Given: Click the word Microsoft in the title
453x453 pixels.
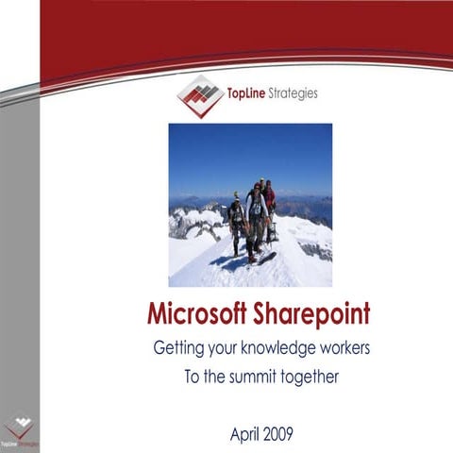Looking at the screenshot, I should pos(193,314).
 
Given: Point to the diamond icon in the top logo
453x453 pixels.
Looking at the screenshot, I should pos(200,95).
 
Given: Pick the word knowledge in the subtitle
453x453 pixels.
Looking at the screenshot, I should pos(266,348).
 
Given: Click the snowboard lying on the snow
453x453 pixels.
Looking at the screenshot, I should pos(266,256).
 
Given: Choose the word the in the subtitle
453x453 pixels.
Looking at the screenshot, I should pos(212,377).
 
